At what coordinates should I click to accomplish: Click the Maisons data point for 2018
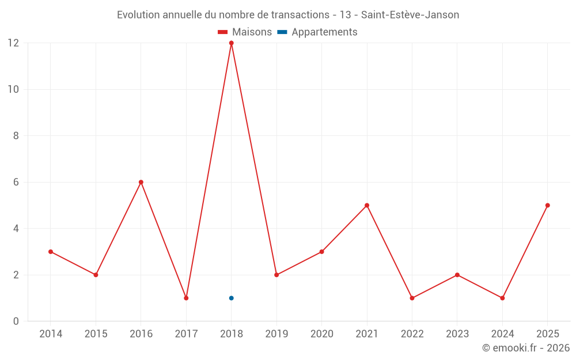coord(231,43)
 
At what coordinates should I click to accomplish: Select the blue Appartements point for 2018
coord(231,298)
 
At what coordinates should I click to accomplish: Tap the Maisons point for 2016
coord(141,182)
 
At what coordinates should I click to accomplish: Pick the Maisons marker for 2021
coord(367,206)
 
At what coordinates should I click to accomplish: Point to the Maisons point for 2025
coord(547,206)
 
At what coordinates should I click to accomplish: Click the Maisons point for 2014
coord(51,252)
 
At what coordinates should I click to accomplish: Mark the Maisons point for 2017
coord(186,298)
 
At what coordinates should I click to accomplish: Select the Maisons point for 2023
coord(457,275)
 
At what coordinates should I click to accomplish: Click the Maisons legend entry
coord(245,32)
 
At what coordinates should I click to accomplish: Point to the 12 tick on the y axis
coord(13,43)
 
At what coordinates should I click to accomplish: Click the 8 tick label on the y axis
coord(16,136)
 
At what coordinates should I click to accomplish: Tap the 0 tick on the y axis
coord(16,321)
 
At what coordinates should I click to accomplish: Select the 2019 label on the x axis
coord(276,334)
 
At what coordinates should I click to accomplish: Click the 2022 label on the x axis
coord(412,334)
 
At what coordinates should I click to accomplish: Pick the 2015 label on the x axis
coord(96,334)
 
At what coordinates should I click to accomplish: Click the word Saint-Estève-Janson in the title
coord(410,15)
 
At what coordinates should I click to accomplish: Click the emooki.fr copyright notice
coord(525,348)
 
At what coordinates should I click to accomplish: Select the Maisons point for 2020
coord(321,252)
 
